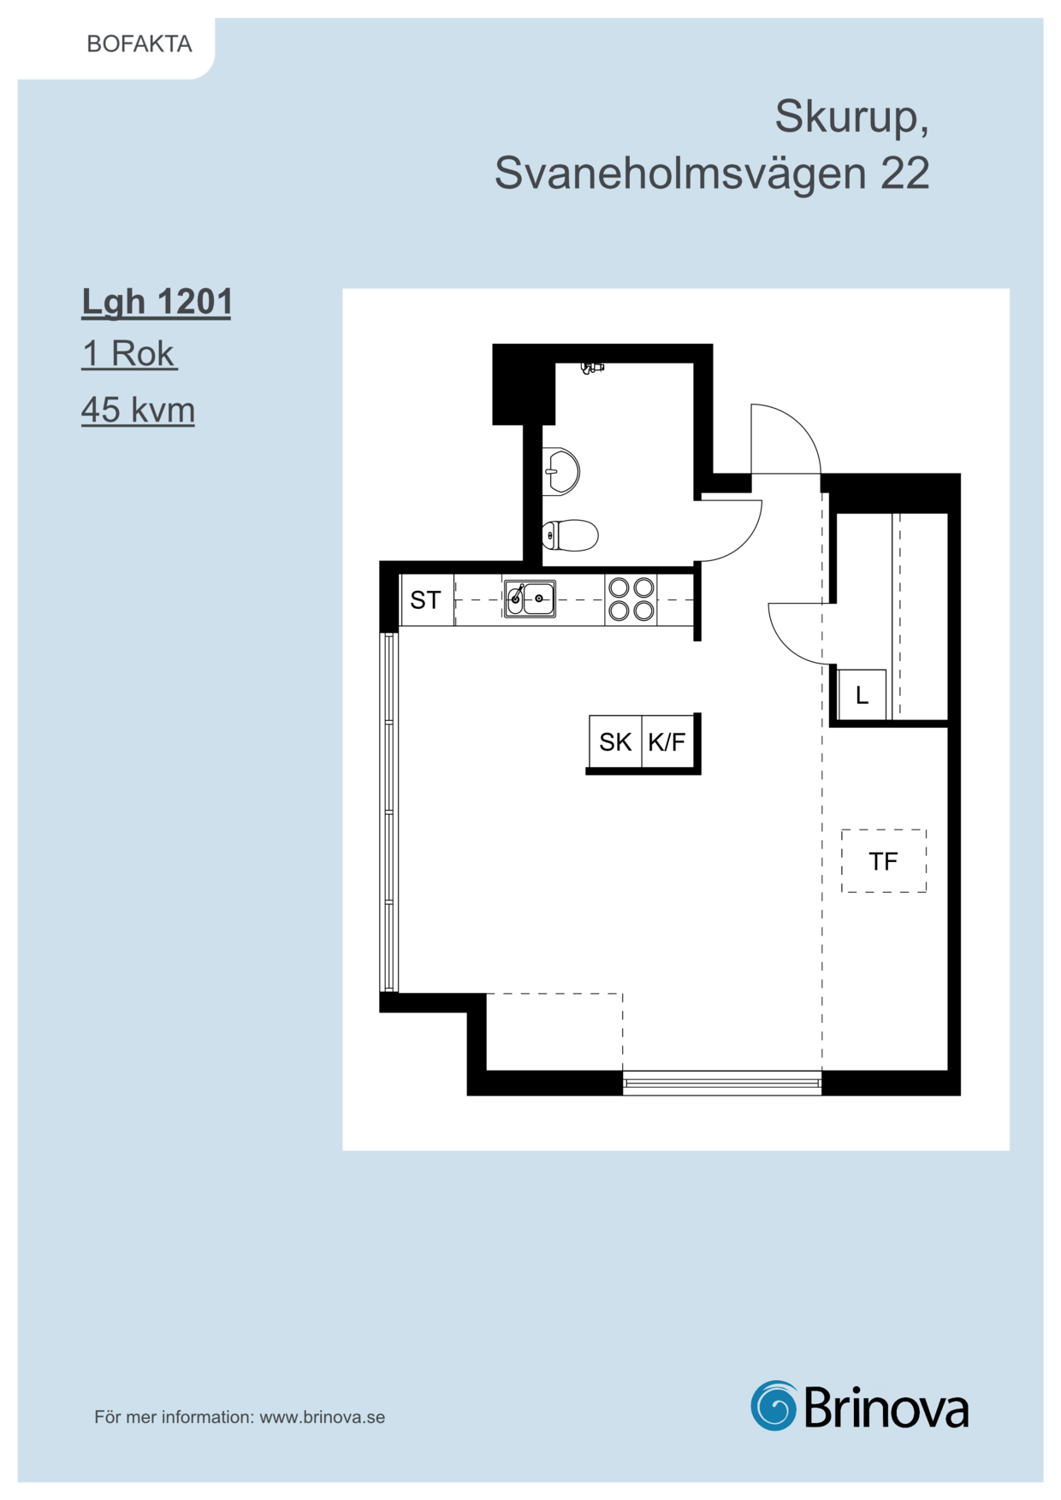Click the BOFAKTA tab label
(x=139, y=44)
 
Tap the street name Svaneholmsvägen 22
(x=712, y=173)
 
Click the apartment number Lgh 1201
(x=157, y=302)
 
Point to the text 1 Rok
(x=128, y=353)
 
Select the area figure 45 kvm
(x=138, y=410)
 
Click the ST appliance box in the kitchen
(x=427, y=599)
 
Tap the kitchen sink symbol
(x=530, y=599)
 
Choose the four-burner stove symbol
(x=631, y=599)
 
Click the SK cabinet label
(x=615, y=741)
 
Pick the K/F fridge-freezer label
(x=667, y=741)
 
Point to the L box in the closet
(x=862, y=694)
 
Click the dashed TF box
(x=884, y=861)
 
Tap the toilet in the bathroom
(x=570, y=536)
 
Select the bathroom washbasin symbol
(x=560, y=470)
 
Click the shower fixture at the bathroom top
(x=591, y=368)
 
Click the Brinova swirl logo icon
(x=774, y=1406)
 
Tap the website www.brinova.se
(x=323, y=1417)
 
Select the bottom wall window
(x=722, y=1084)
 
